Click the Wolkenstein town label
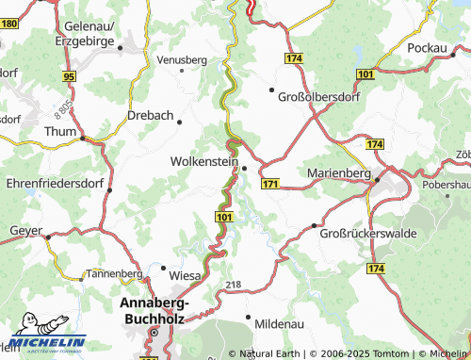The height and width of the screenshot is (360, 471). [203, 161]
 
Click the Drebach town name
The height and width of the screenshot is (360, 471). [150, 116]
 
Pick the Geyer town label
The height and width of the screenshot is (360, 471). [25, 230]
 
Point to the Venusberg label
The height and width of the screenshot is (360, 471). [181, 59]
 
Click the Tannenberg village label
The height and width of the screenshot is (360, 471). [114, 273]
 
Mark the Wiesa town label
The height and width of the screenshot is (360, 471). [186, 276]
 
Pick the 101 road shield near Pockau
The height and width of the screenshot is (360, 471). [365, 74]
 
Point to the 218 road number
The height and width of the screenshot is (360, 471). [234, 284]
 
